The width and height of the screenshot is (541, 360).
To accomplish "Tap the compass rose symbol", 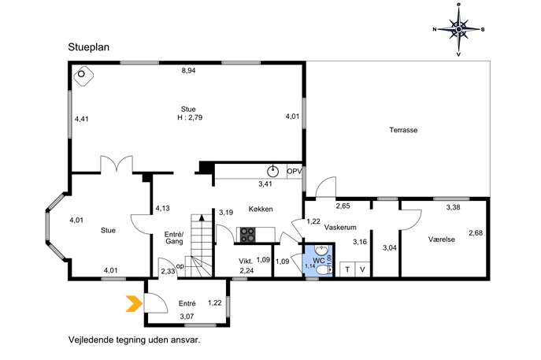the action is tap(458, 29).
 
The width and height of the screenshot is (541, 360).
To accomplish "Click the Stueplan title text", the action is tap(89, 47).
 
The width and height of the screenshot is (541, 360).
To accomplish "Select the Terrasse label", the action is tap(403, 130).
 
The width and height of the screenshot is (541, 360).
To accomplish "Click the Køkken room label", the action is tap(261, 209).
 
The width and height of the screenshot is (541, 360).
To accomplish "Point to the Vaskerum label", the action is tap(340, 228).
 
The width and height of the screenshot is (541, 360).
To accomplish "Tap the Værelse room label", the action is tap(442, 239).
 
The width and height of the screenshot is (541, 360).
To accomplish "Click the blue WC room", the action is tap(318, 261).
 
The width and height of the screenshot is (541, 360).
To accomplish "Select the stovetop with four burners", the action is tap(248, 235).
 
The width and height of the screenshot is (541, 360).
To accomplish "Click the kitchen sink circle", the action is tap(273, 170).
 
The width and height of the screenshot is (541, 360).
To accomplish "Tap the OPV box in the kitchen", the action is tap(295, 172).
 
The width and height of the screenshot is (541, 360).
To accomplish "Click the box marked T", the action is tap(347, 269).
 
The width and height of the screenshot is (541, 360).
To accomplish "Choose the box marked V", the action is tap(362, 269).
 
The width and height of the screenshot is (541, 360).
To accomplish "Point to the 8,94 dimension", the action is tap(189, 71).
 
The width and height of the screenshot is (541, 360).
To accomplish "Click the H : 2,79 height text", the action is tap(190, 117).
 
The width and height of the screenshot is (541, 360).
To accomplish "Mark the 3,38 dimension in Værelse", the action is tap(453, 207).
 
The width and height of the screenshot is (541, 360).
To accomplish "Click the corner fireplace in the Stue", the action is tap(83, 76).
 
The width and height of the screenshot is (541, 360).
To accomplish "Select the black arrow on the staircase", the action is tap(202, 217).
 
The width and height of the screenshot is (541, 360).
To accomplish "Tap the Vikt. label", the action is tap(246, 262).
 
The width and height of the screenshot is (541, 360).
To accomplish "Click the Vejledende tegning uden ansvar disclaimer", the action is tap(134, 340).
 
